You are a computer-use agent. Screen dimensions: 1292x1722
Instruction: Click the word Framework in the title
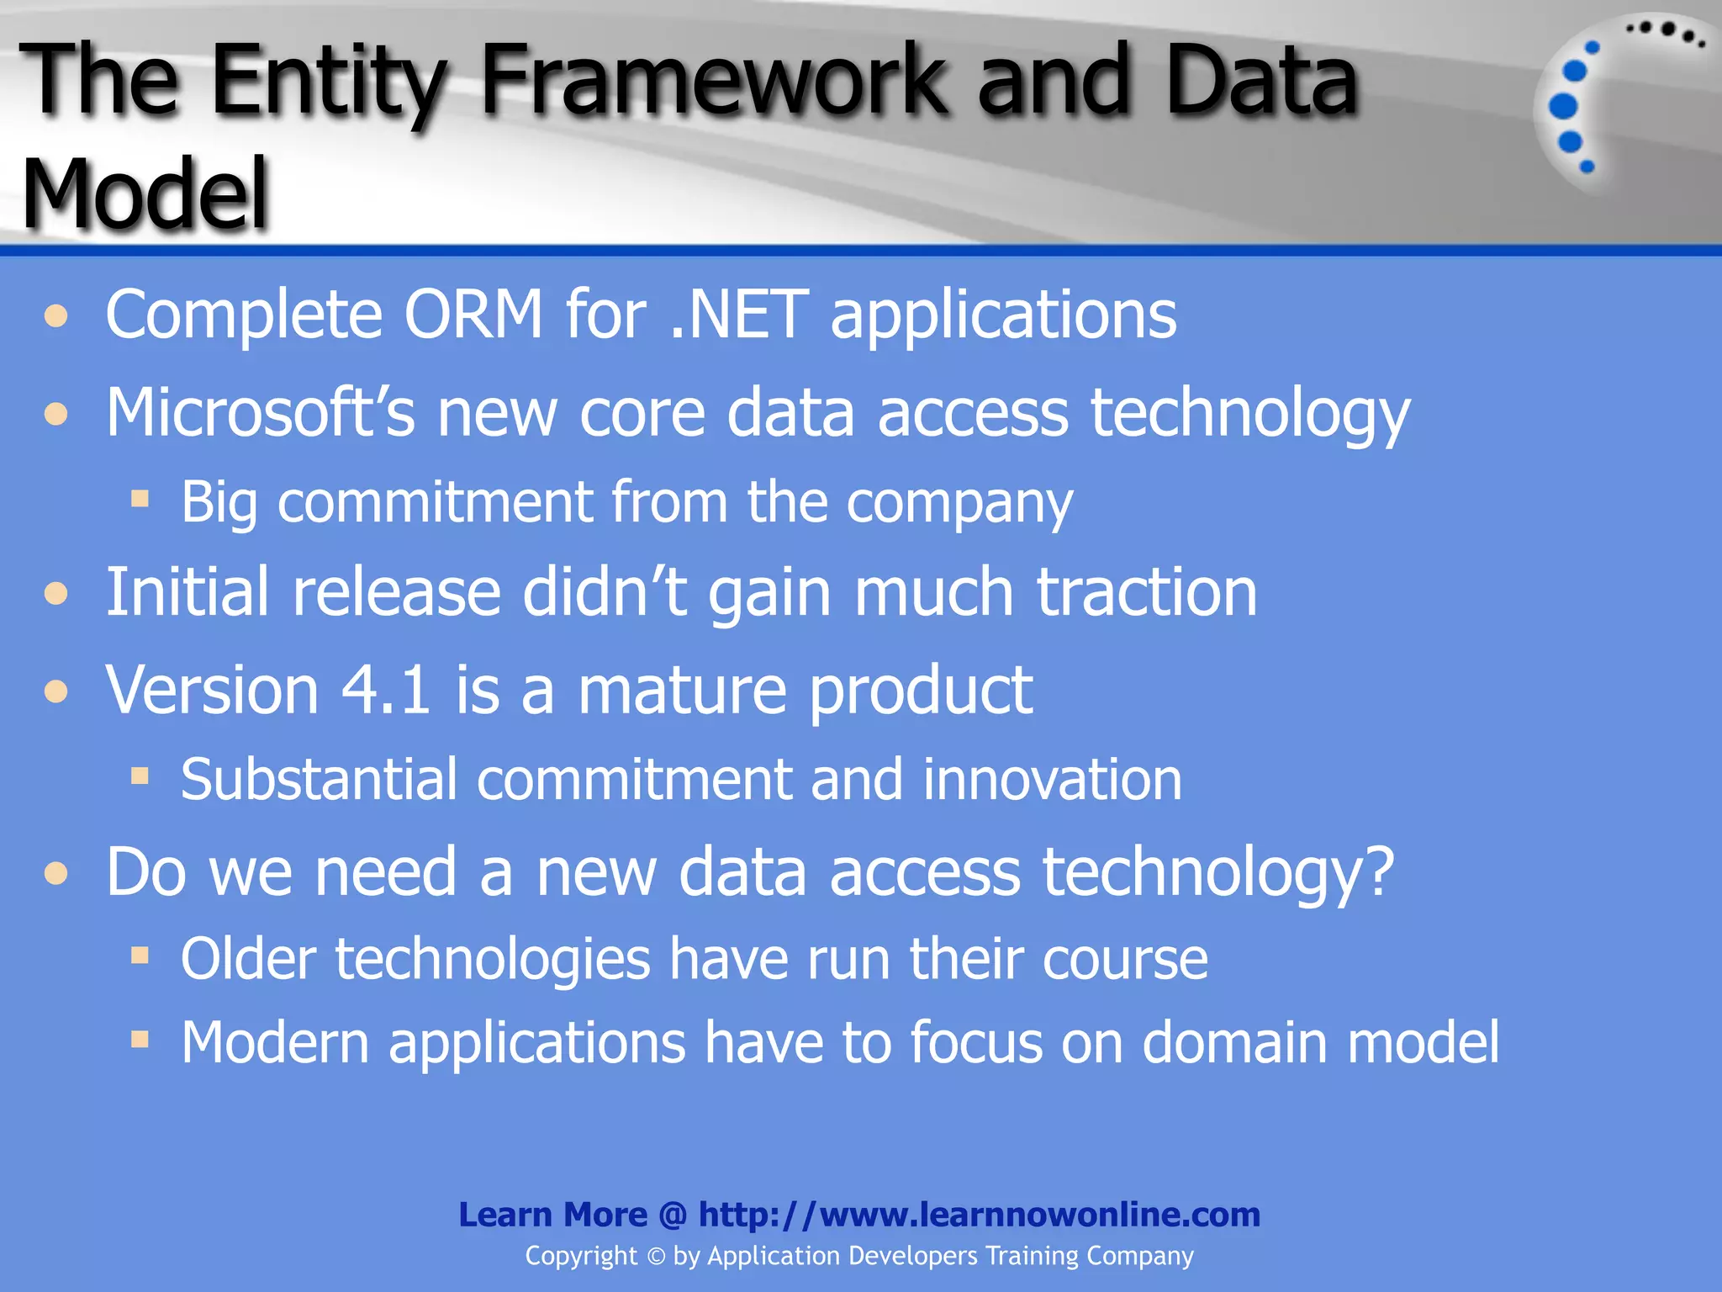pyautogui.click(x=710, y=82)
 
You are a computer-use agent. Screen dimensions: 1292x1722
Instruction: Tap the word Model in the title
pyautogui.click(x=145, y=194)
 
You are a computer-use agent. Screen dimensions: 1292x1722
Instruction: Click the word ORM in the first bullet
pyautogui.click(x=473, y=315)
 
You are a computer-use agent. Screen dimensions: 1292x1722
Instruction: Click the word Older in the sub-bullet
pyautogui.click(x=249, y=959)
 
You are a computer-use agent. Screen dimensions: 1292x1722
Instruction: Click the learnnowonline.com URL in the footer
pyautogui.click(x=979, y=1215)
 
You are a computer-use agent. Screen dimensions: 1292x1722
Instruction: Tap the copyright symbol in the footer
pyautogui.click(x=656, y=1257)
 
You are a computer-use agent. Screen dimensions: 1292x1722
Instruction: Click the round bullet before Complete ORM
pyautogui.click(x=56, y=317)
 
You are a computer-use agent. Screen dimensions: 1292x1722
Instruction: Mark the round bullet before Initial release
pyautogui.click(x=56, y=595)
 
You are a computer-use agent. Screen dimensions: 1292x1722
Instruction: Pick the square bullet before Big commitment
pyautogui.click(x=140, y=500)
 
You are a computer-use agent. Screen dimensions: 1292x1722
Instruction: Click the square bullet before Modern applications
pyautogui.click(x=140, y=1040)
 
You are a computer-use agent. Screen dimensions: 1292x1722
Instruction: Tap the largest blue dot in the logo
pyautogui.click(x=1563, y=107)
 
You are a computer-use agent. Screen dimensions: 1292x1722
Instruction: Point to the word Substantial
pyautogui.click(x=320, y=780)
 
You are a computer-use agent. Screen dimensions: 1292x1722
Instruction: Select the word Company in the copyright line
pyautogui.click(x=1139, y=1256)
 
